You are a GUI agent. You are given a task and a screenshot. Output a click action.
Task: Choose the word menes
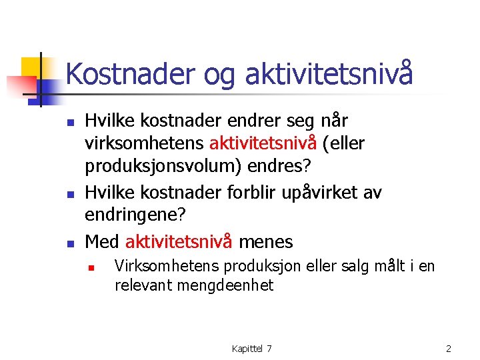[x=266, y=240]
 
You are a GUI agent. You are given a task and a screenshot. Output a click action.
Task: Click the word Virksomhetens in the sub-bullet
[x=167, y=267]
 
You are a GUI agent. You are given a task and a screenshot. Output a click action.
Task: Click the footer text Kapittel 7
[x=251, y=349]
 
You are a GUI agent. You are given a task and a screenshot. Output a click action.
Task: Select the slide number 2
[x=449, y=349]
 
